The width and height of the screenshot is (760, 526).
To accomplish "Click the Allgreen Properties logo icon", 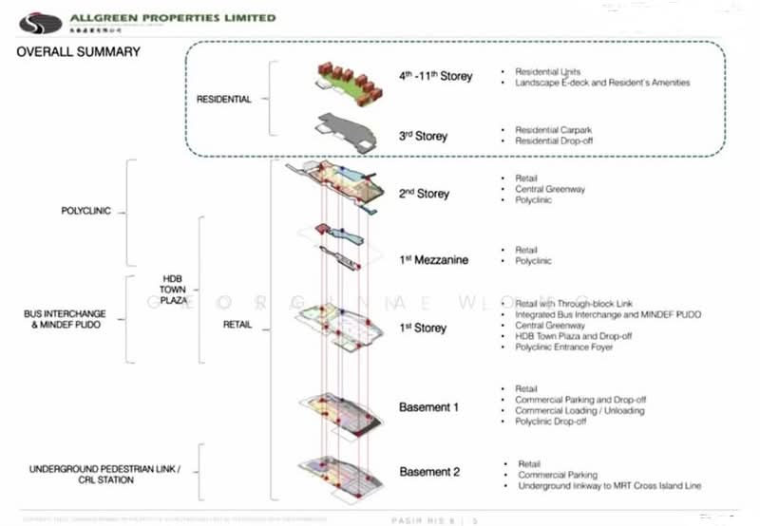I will coord(40,21).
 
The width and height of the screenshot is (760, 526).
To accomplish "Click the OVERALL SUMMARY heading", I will coord(79,51).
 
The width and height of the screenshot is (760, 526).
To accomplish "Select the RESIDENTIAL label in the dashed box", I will coord(223,99).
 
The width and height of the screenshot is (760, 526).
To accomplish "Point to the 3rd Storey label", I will coord(423,136).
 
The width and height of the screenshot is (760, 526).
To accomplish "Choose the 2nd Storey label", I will coord(424,194).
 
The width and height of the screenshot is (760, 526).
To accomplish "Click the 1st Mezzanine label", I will coord(434,260).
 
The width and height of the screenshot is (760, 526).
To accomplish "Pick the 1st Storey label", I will coord(423,328).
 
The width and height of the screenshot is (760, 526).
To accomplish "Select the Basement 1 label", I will coord(428,407).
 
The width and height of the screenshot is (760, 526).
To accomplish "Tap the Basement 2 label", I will coord(429,472).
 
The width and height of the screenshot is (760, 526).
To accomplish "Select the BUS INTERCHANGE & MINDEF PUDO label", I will coord(65,319).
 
